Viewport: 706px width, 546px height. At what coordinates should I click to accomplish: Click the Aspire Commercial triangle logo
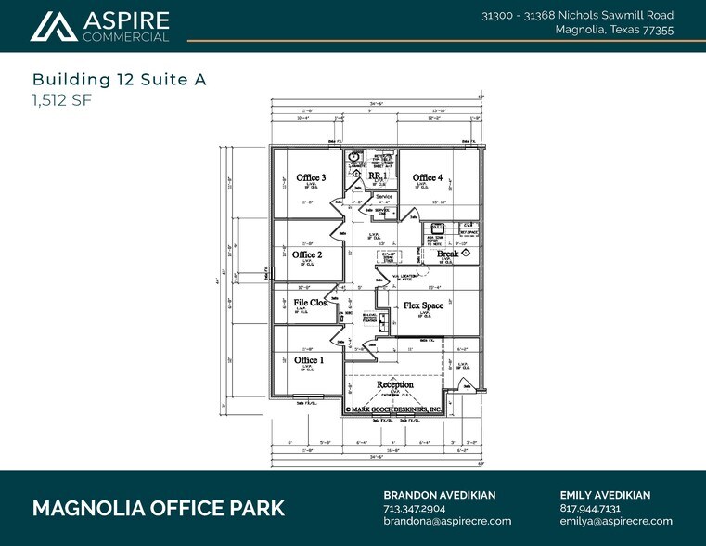52,26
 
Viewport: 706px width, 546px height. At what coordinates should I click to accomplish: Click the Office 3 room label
311,177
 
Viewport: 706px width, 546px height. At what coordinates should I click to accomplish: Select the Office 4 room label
428,177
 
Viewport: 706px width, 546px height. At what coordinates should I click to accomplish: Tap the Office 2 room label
307,253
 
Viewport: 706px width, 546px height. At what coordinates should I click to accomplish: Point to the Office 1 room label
309,360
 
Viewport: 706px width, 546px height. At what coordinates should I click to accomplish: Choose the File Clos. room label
311,303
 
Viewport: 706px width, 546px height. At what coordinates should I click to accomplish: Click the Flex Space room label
423,305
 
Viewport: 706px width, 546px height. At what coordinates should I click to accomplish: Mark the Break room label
448,253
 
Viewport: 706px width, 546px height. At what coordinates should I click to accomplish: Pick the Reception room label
395,384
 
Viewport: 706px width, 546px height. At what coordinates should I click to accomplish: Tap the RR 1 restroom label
377,175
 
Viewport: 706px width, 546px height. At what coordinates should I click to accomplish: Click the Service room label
385,197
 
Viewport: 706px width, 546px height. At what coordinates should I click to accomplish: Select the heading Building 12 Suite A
119,80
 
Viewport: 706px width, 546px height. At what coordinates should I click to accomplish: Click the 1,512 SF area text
62,100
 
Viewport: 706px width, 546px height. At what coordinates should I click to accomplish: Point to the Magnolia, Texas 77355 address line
614,30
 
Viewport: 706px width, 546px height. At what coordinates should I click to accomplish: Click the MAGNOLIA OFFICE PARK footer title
159,509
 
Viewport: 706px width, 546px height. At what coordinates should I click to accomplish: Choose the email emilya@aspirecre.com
616,522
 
